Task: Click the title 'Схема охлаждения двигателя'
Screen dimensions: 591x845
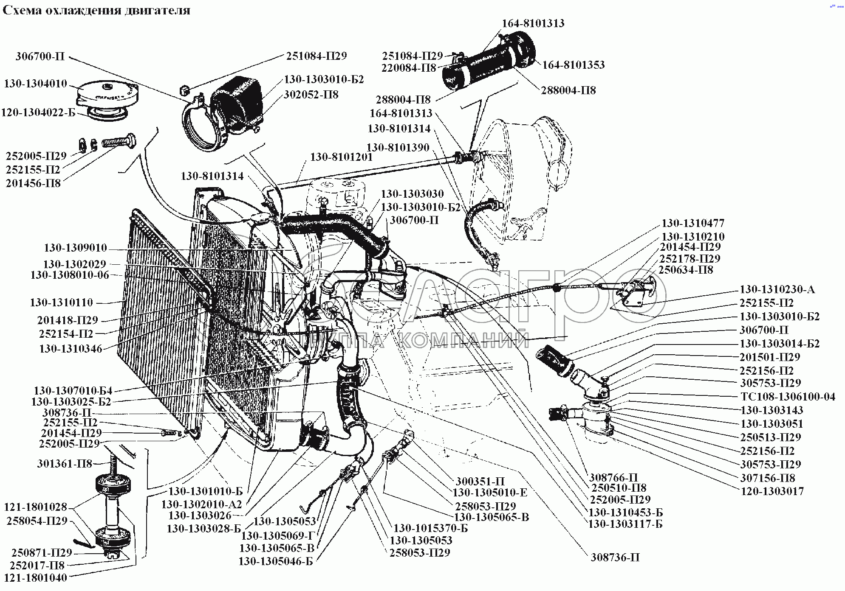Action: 96,10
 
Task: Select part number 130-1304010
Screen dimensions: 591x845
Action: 36,84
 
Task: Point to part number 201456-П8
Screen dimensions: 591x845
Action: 33,183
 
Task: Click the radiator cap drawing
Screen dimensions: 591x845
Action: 107,97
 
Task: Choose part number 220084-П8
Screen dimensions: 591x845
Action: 409,67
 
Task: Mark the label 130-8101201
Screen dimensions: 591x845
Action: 341,157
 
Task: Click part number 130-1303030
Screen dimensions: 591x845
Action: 412,194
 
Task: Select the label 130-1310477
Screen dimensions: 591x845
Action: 693,223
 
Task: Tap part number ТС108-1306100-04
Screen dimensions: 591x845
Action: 787,397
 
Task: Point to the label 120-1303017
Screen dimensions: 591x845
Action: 772,491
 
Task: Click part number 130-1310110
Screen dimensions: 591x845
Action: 61,303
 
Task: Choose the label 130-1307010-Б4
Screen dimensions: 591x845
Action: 73,390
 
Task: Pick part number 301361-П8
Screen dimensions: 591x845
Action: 65,464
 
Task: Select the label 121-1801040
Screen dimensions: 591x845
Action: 35,577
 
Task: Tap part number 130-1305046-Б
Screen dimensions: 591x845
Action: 276,562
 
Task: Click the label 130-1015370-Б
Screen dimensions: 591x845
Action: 430,529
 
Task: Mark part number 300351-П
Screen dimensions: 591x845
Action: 480,482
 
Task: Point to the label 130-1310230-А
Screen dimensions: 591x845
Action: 777,290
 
